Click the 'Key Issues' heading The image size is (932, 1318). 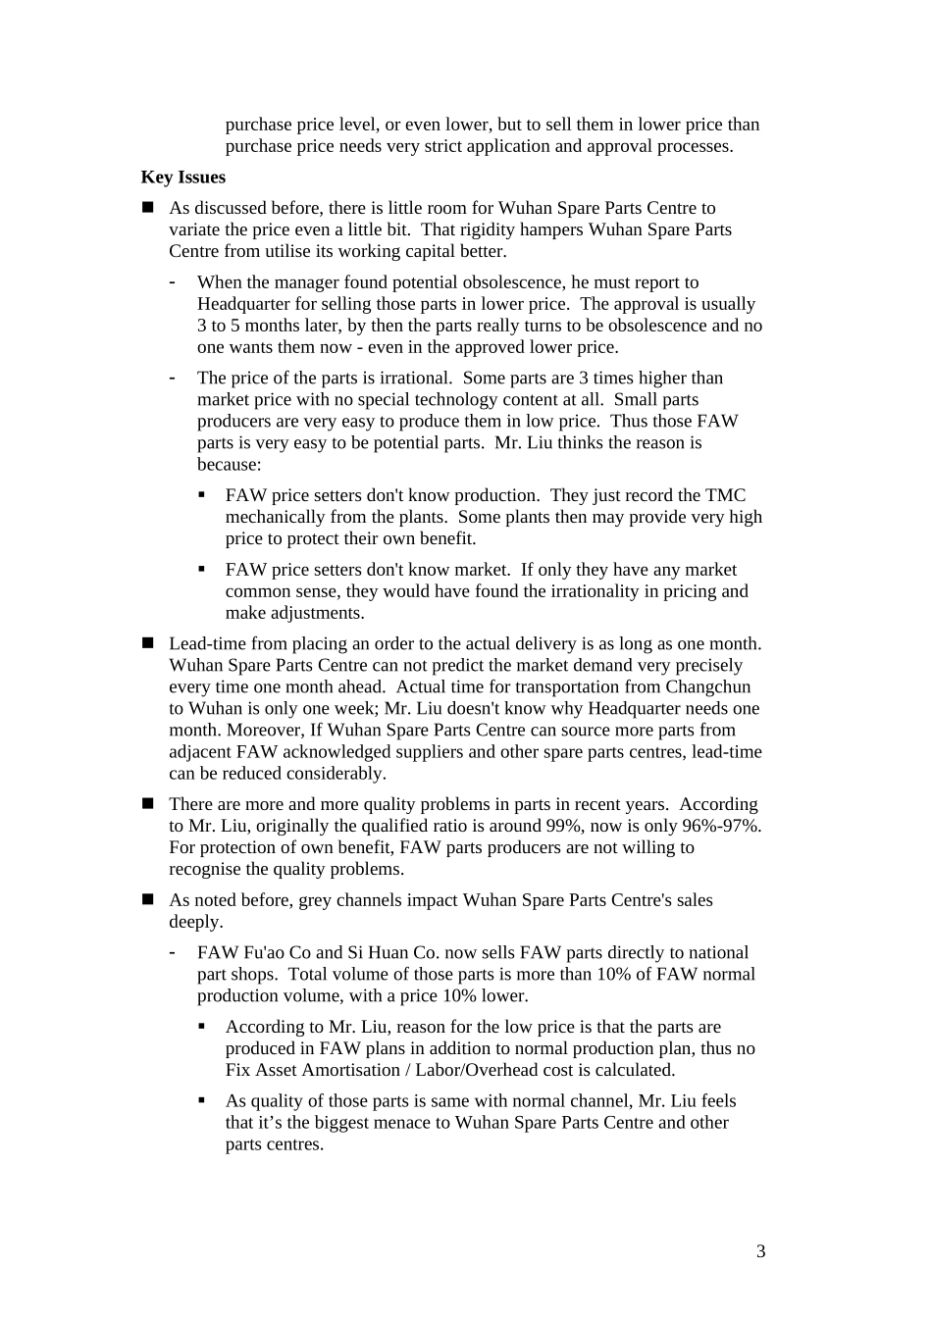click(182, 177)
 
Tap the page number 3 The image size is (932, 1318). click(761, 1251)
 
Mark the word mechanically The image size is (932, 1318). click(276, 517)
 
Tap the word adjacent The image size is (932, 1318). click(200, 752)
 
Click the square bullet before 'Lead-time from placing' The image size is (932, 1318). click(148, 643)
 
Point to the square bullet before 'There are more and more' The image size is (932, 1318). click(148, 804)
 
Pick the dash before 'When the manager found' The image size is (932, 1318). click(173, 282)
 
